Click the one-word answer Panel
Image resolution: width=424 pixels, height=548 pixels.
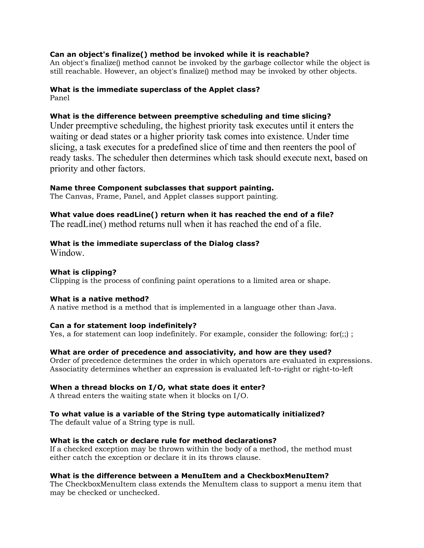[60, 98]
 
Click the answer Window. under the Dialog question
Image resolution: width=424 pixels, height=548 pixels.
[67, 253]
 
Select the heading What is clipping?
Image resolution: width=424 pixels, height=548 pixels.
[83, 272]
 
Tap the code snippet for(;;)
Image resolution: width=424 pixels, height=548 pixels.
[339, 334]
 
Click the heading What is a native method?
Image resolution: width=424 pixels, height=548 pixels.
[99, 299]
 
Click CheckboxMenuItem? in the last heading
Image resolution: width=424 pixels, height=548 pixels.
[288, 476]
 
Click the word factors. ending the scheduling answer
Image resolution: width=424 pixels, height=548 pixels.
[132, 169]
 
